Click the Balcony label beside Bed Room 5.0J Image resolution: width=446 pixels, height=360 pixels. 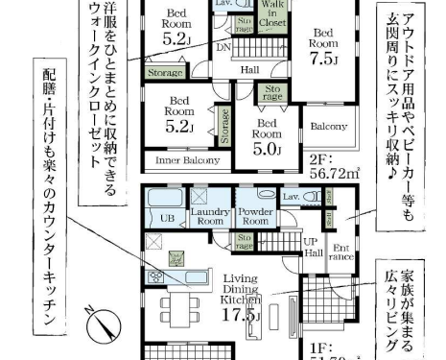click(328, 126)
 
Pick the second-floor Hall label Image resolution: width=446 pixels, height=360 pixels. click(250, 69)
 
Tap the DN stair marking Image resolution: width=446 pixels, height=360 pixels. click(223, 47)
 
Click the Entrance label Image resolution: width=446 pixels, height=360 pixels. click(340, 253)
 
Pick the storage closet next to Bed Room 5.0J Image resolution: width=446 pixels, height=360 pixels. click(271, 94)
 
